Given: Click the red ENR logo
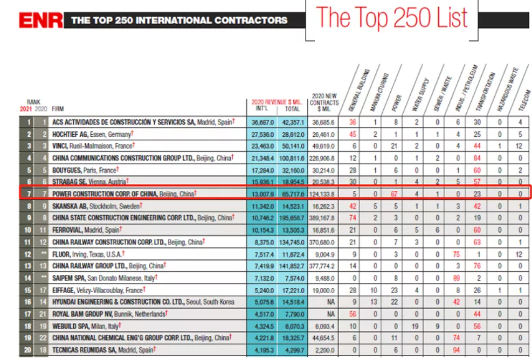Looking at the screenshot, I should coord(41,20).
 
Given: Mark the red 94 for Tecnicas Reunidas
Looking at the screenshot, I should coord(457,350).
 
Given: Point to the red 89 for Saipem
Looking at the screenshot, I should coord(457,278).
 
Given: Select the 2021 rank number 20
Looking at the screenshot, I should coord(26,350).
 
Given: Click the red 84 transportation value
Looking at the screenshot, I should coord(476,158).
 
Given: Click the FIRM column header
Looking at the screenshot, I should coord(58,109).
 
